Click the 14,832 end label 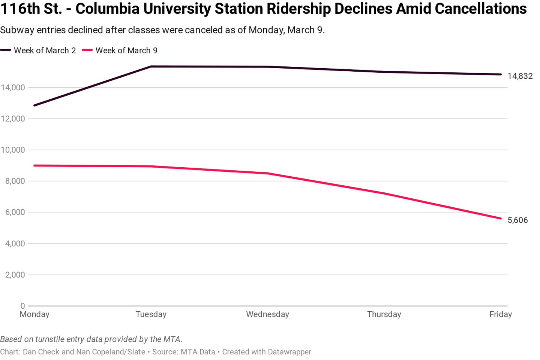(520, 76)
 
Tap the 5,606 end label (517, 220)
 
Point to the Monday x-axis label (34, 314)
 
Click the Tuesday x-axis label (151, 314)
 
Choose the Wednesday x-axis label (267, 314)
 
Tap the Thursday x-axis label (384, 314)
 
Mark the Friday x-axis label (500, 314)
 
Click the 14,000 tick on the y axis (13, 88)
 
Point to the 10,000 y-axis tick (13, 150)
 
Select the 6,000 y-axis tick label (15, 212)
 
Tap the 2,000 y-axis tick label (15, 275)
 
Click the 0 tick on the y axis (22, 306)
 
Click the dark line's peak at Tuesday (151, 66)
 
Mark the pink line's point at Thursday (384, 193)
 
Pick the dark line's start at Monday (34, 105)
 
